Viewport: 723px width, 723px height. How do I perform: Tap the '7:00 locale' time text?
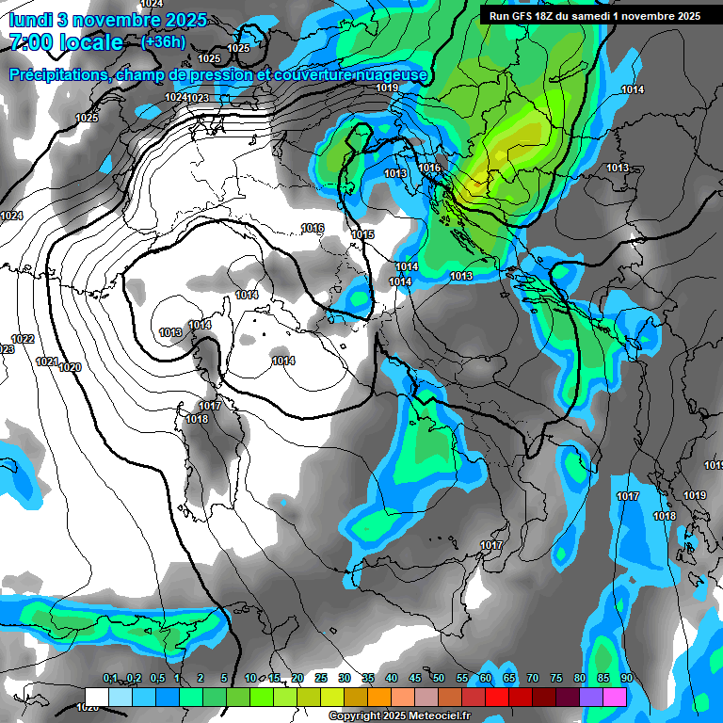(66, 42)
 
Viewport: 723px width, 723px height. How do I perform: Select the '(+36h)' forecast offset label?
(163, 42)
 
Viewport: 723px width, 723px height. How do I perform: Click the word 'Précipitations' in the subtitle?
(56, 75)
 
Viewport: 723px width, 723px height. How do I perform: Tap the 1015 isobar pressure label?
(362, 234)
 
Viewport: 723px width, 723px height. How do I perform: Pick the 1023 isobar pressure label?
(198, 98)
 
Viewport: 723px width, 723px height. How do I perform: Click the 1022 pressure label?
(23, 339)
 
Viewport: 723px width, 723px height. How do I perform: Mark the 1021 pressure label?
(46, 361)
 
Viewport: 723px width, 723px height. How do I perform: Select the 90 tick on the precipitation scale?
(626, 679)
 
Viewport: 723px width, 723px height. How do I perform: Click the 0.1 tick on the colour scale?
(110, 679)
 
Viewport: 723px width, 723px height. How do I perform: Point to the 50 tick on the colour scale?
(438, 679)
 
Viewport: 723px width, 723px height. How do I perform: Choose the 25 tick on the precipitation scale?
(320, 679)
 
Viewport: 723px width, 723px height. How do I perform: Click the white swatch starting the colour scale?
(97, 697)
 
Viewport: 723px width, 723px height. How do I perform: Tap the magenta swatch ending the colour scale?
(614, 697)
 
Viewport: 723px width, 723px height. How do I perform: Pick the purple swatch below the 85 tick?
(590, 697)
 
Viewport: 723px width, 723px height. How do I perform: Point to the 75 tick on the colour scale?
(555, 679)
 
